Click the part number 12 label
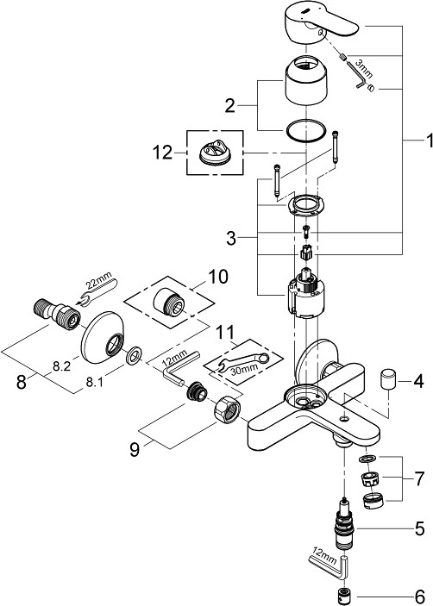(x=163, y=153)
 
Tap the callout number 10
(x=218, y=277)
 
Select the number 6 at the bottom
(x=419, y=596)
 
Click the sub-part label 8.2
(x=61, y=366)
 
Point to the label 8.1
(x=94, y=383)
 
